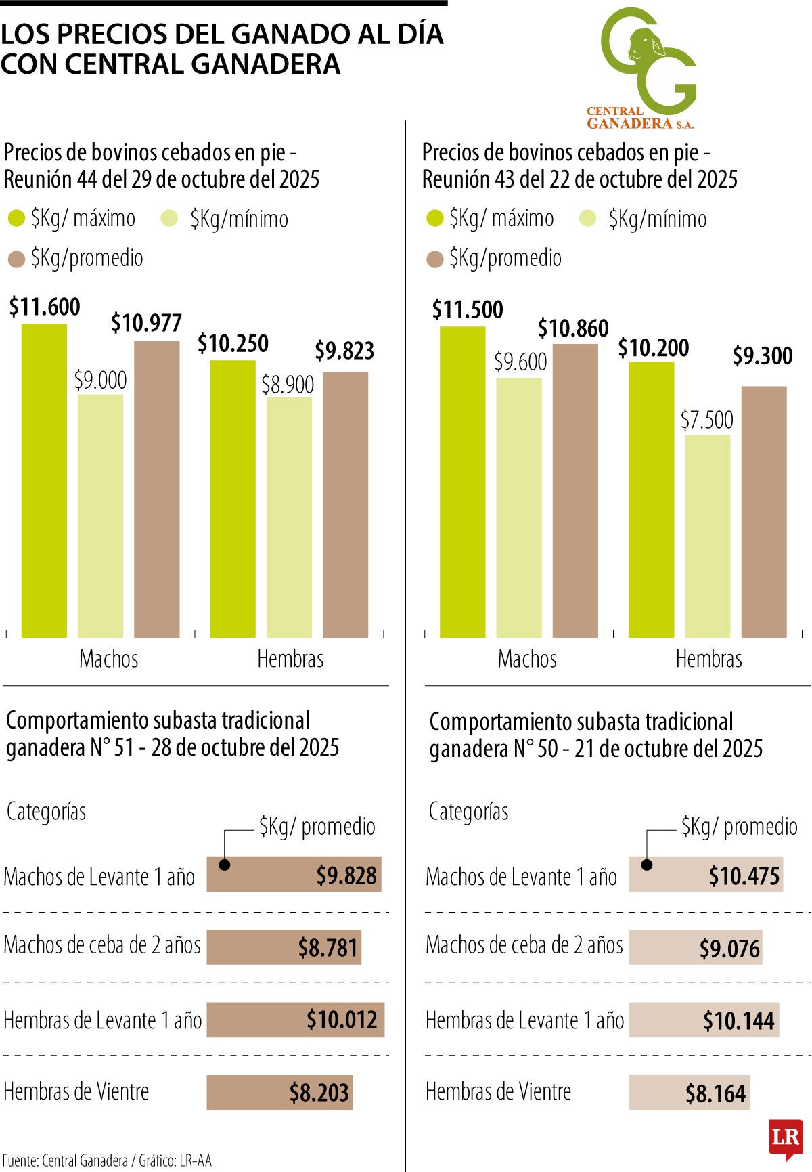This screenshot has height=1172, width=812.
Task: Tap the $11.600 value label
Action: click(x=45, y=307)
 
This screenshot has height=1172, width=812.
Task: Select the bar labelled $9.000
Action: click(x=100, y=515)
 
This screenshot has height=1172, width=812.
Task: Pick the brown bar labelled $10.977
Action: click(x=156, y=489)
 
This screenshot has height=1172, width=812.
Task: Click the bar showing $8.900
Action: click(x=289, y=517)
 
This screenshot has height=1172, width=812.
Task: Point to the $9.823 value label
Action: click(x=344, y=351)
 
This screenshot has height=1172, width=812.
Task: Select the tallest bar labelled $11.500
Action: click(x=463, y=482)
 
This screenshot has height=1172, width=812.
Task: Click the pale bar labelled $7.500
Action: click(x=707, y=536)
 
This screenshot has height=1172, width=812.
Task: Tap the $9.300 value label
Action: click(x=763, y=356)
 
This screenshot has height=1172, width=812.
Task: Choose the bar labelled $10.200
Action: click(x=651, y=500)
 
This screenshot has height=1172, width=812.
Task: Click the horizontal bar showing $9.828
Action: click(x=294, y=874)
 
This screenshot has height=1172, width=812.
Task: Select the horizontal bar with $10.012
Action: click(x=295, y=1020)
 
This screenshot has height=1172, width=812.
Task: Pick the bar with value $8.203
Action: click(x=279, y=1092)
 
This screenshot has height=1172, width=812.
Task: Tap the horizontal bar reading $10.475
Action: click(x=706, y=874)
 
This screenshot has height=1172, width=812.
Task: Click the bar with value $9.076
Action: click(x=695, y=947)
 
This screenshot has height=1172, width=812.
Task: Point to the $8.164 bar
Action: click(x=689, y=1092)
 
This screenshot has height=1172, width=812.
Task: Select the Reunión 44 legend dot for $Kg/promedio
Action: click(x=16, y=259)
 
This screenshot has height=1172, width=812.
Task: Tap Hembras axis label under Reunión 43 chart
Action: click(x=708, y=659)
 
